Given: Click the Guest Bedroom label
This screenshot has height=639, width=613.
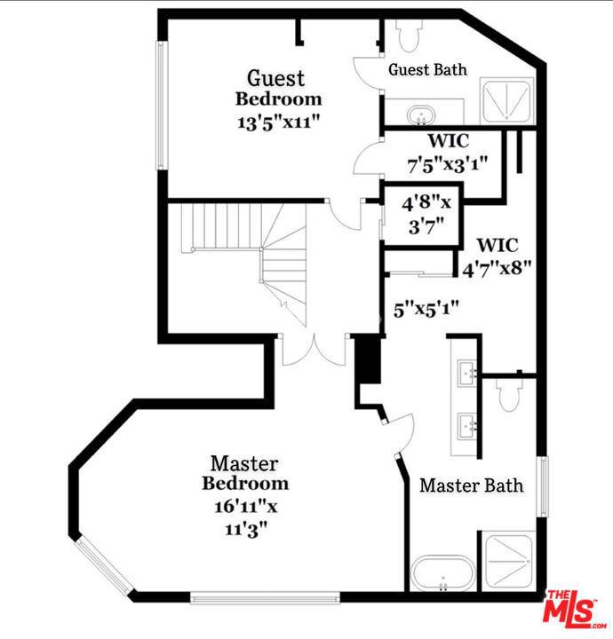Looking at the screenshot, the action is point(279,89).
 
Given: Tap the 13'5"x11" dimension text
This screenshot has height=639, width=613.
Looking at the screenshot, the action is point(279,122).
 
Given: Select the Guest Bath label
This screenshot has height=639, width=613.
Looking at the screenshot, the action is point(427,69).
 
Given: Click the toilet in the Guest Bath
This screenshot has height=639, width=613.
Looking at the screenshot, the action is point(409,35).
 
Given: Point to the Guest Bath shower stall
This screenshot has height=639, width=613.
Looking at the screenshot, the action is point(507,100).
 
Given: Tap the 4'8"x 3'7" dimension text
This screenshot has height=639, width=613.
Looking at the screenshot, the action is point(426,215).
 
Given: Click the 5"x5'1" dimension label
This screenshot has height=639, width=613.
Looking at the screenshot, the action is point(426,310).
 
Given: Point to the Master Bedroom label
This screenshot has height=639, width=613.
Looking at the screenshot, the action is point(245,474).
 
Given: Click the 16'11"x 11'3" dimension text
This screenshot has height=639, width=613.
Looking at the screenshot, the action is point(246,518).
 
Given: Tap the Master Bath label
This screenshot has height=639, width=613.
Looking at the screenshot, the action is point(472,485).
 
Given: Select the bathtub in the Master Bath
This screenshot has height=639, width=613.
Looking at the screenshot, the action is point(443,572).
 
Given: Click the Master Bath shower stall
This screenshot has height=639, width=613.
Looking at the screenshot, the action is point(508,561).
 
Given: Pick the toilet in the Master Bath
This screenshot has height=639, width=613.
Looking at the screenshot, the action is point(509,393).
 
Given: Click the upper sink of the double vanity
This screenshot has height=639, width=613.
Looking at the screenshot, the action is point(467,373).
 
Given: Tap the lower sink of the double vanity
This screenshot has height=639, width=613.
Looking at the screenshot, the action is point(467,426).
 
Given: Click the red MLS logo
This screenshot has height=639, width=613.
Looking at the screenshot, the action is point(571,610).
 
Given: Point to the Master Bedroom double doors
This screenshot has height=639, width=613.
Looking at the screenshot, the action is point(314,351).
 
